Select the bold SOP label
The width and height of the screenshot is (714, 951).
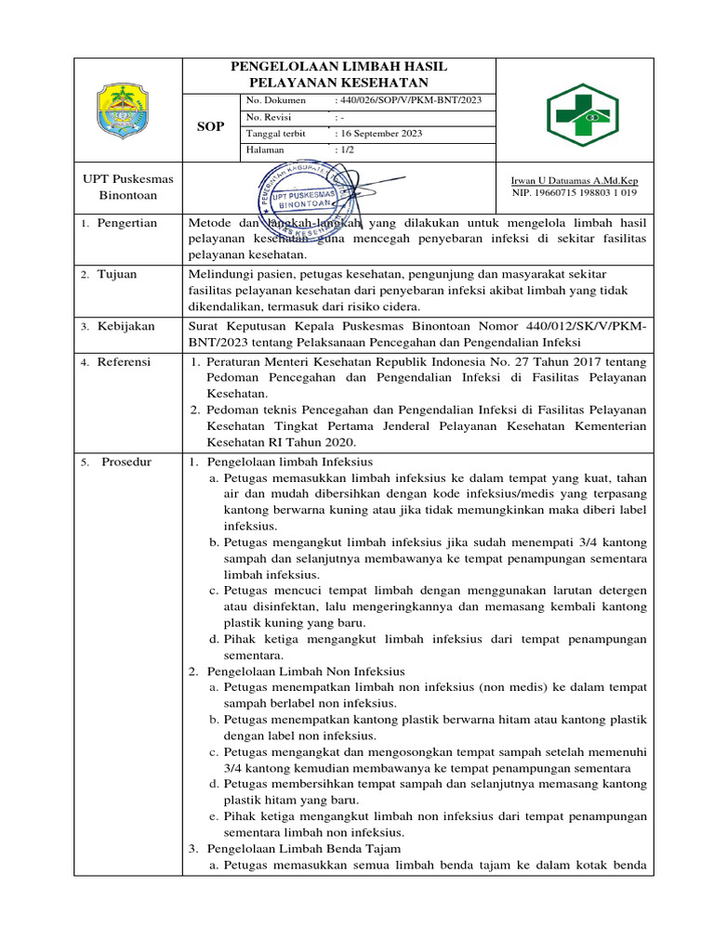(x=212, y=126)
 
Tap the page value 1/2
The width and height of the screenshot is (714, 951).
(x=348, y=150)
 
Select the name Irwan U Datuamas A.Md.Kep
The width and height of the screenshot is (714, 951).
(x=575, y=180)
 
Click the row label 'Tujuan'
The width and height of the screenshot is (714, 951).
(x=117, y=275)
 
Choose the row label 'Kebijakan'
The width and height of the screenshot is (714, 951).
(x=126, y=326)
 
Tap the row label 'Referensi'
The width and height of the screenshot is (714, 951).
(x=124, y=361)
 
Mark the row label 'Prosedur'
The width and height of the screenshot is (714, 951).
(x=126, y=462)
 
